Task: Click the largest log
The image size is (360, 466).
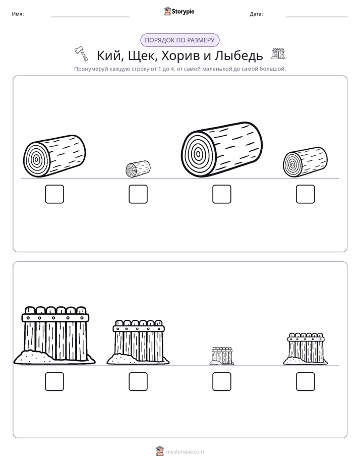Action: coord(221,149)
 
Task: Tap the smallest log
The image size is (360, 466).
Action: coord(138,169)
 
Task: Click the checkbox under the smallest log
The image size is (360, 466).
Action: coord(138,194)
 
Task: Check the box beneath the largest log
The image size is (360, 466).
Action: coord(221,194)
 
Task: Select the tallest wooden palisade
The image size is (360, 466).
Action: coord(54,335)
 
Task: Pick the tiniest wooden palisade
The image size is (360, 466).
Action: coord(222,356)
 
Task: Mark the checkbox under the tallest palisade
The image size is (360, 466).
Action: coord(54,382)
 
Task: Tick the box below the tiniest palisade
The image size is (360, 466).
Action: coord(221,382)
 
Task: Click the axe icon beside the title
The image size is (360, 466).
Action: coord(81,54)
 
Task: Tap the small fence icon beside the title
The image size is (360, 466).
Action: coord(278,53)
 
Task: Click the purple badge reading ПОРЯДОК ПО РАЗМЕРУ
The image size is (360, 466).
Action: coord(179,40)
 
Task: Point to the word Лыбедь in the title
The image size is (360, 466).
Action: coord(239,55)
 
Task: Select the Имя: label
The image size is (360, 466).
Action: coord(18,14)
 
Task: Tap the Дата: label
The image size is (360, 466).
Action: coord(256,14)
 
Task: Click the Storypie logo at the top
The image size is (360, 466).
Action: coord(179,11)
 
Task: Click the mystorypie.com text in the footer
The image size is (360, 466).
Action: coord(185,452)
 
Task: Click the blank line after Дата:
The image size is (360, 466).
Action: coord(317,17)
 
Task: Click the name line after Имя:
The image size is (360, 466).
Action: coord(90,17)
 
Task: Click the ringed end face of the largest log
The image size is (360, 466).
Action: coord(198,154)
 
